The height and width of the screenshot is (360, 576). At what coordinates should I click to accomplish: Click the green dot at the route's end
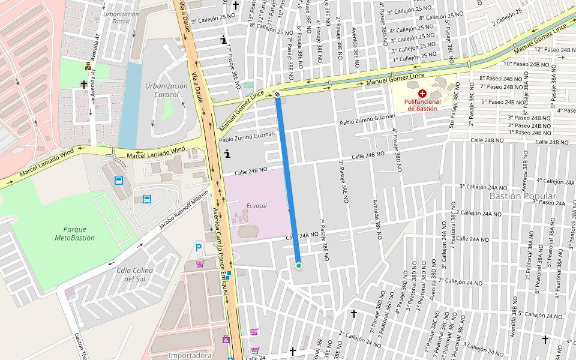pos(298,265)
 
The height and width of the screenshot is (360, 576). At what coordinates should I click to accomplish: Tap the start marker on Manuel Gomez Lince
pos(277,94)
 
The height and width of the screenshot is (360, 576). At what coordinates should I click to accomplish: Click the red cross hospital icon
pos(423,94)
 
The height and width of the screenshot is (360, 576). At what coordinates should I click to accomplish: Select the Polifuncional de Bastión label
pos(423,105)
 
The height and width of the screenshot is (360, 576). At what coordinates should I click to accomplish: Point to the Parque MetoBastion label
pos(75,233)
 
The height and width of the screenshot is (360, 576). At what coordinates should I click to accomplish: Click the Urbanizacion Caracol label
pos(166,90)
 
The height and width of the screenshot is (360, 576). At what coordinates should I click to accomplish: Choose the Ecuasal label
pos(256,206)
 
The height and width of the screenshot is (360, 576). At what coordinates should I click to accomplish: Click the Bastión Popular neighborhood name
pos(523,196)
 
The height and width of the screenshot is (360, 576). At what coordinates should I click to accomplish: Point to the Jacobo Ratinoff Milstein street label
pos(184,209)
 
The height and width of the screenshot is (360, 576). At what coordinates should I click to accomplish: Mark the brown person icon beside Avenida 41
pos(88,67)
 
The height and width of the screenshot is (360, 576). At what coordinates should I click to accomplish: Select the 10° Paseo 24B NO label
pos(526,64)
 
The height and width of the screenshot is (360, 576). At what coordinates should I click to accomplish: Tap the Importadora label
pos(190,355)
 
